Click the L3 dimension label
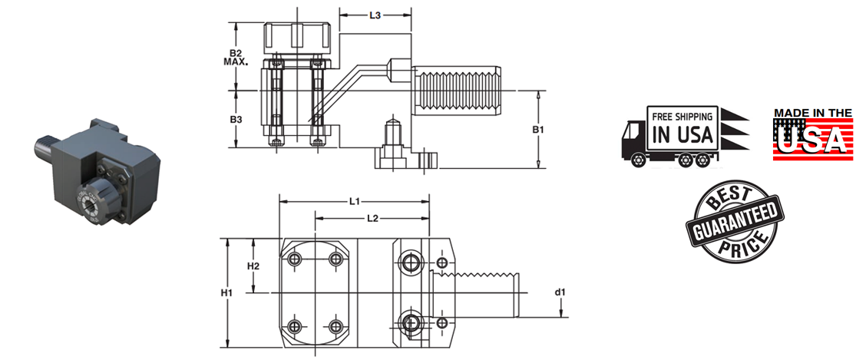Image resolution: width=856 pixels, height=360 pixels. pos(375,15)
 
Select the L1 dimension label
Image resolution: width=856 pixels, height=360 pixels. pos(354,202)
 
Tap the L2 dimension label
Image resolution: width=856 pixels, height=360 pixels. pos(372,219)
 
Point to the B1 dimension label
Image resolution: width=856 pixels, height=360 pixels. pos(538,130)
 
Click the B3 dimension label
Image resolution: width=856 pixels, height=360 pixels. pos(236,120)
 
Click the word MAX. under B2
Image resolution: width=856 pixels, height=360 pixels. pos(236,62)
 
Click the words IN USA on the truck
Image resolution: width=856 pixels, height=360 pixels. pos(682,135)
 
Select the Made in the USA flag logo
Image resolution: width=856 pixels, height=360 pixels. pos(812,134)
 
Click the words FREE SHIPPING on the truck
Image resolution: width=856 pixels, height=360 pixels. pos(682,117)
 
